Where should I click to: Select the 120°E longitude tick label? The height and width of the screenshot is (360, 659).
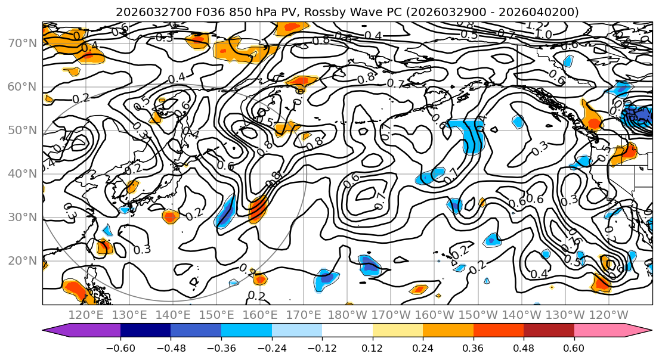(86, 315)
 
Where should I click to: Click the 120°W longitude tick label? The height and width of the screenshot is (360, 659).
(608, 315)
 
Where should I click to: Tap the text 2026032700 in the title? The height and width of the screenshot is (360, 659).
(146, 12)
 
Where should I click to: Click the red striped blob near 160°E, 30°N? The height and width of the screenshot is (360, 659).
(258, 209)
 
